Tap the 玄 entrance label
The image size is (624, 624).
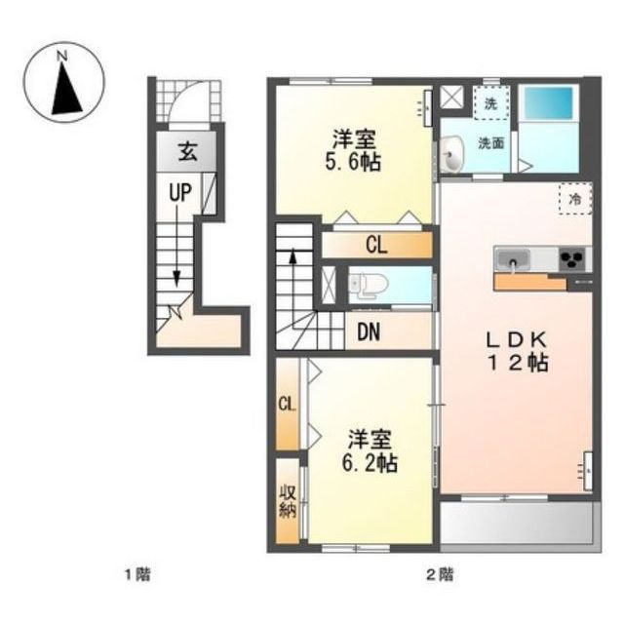coord(187,152)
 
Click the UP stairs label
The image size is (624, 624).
coord(180,193)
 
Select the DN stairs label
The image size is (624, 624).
coord(369,331)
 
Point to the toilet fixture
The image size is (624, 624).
coord(369,286)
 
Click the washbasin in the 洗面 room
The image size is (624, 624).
coord(451,154)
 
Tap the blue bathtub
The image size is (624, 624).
coord(548,101)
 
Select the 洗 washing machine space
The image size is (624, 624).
coord(491,102)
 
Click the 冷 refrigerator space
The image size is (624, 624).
coord(575,199)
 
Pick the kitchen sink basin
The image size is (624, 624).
coord(514,259)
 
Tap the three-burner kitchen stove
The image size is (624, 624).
coord(572,259)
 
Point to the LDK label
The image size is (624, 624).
coord(516,339)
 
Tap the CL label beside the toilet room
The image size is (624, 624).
coord(376,245)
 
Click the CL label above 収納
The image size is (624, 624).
coord(287,405)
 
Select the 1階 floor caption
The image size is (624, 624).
coord(138,574)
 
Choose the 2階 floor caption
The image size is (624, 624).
coord(440,574)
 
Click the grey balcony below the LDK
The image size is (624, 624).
coord(517,523)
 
